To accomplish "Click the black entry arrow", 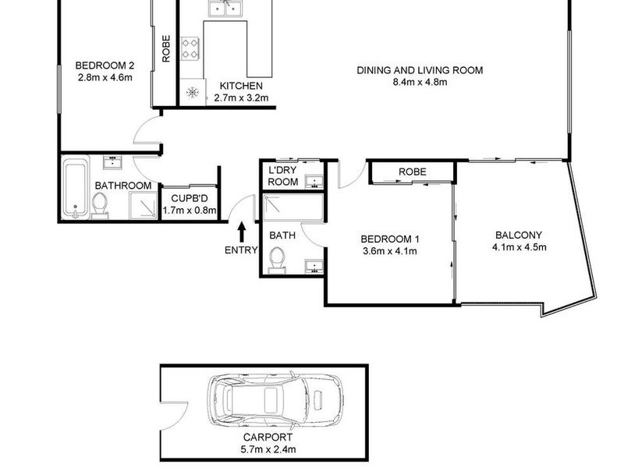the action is pos(242,232).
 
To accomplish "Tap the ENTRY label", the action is pos(241,250).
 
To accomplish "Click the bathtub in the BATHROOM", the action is pos(76,188).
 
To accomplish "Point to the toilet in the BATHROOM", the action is pos(99,206).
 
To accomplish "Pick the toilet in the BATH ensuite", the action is pos(277,261).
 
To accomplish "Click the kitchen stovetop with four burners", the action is pos(190,48).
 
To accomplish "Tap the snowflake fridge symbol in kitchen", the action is pos(193,92).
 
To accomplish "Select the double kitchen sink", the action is pos(225,8).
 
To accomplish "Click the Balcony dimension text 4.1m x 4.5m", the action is pos(519,247).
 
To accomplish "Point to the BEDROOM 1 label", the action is pos(389,239).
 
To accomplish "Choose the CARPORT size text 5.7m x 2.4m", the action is pos(268,450).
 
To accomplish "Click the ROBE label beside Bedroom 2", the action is pos(166,48).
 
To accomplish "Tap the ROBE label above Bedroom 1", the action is pos(413,172).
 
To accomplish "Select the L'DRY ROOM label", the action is pos(282,176).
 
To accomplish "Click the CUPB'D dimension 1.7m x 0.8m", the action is pos(190,210).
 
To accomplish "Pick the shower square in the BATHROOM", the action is pos(143,205).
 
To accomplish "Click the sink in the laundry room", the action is pos(315,182).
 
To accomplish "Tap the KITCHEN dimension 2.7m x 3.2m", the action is pos(241,97).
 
